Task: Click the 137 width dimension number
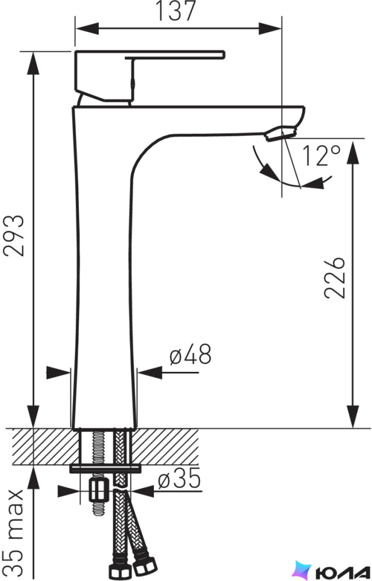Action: tap(175, 11)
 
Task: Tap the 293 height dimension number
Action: tap(14, 236)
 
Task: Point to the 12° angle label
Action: tap(321, 155)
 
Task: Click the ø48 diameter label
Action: tap(190, 354)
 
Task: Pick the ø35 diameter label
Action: tap(179, 478)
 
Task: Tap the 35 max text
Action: tap(15, 531)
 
